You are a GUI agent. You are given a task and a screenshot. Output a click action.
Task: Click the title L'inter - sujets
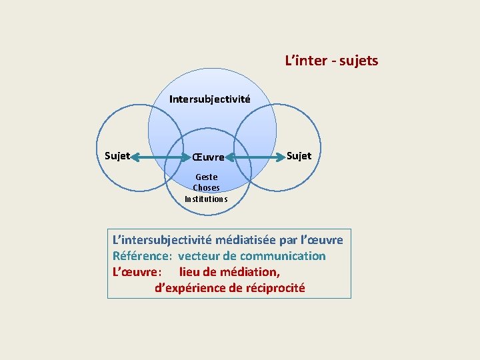click(x=331, y=61)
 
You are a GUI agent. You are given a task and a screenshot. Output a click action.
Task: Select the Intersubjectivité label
click(x=209, y=99)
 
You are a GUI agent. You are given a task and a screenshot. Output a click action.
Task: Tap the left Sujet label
click(x=117, y=156)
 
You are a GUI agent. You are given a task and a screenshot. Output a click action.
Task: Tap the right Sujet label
click(x=299, y=156)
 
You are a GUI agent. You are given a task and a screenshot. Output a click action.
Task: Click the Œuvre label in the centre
click(x=208, y=158)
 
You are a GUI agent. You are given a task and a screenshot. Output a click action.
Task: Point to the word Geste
click(x=206, y=177)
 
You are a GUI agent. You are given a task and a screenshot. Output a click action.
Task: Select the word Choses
click(x=206, y=188)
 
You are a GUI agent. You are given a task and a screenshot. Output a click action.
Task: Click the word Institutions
click(x=206, y=199)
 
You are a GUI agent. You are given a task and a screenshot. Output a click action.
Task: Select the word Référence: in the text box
click(x=143, y=256)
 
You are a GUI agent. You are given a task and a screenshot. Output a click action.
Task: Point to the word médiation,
click(x=248, y=272)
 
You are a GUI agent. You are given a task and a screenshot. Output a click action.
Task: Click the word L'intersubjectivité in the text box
click(x=162, y=239)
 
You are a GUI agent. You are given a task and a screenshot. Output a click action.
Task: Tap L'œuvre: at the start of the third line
click(x=136, y=272)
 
